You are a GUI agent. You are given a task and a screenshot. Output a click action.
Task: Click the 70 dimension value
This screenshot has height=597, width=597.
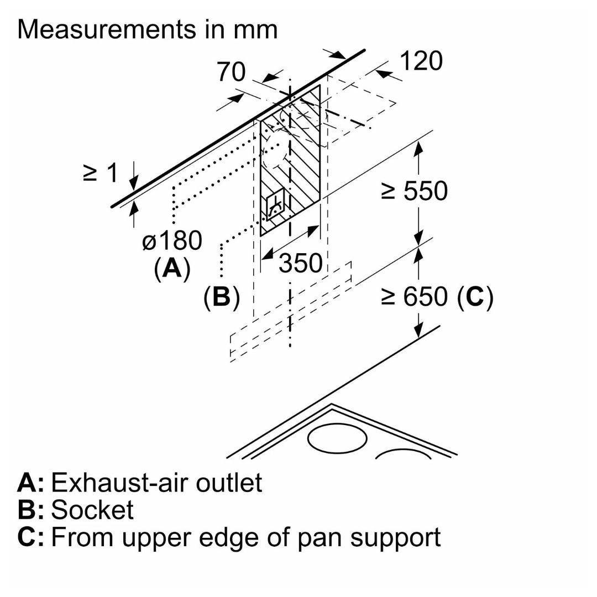[x=231, y=72]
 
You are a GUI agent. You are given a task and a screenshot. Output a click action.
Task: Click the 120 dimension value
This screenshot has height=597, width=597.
[x=421, y=61]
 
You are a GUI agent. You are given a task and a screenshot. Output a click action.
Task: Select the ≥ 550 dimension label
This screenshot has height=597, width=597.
[x=414, y=191]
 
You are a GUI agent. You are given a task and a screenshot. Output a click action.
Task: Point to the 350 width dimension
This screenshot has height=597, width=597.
[x=300, y=263]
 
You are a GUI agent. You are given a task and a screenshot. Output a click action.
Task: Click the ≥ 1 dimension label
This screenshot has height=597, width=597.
[x=101, y=173]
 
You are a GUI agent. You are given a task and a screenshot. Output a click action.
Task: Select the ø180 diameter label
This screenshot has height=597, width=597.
[x=172, y=242]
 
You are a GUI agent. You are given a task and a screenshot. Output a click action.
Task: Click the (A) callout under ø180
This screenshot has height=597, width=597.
[x=172, y=269]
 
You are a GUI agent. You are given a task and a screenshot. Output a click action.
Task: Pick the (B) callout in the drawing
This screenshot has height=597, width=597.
[x=221, y=297]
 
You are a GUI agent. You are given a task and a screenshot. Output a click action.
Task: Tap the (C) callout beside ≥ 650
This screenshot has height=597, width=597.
[x=475, y=297]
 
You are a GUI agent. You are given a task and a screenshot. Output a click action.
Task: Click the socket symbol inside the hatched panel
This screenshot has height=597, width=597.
[x=275, y=209]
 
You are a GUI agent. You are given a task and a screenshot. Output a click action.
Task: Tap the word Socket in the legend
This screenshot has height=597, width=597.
[x=92, y=510]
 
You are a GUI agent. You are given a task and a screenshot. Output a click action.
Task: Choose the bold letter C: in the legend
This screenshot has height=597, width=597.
[x=30, y=537]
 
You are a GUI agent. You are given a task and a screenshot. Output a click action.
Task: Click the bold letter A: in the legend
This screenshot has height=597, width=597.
[x=30, y=483]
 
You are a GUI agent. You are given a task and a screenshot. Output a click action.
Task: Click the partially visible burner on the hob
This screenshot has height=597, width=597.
[x=404, y=454]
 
